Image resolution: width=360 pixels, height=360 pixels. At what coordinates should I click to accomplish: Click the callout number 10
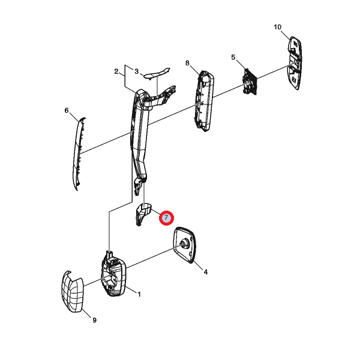coord(277,27)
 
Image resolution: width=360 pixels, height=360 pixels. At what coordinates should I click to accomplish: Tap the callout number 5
coord(233,57)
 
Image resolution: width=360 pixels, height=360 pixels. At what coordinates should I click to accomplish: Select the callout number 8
coord(187,63)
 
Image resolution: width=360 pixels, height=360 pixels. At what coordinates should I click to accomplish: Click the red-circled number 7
coord(166,218)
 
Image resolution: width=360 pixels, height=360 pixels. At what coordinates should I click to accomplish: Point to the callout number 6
coord(67,110)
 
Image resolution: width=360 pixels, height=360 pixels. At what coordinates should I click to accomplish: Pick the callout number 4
coord(205,272)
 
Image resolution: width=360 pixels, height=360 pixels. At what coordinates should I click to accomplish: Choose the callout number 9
coord(94,320)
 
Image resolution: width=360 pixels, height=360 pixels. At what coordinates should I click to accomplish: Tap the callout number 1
coord(139,294)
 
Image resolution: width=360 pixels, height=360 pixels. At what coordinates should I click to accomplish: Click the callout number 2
coord(116,71)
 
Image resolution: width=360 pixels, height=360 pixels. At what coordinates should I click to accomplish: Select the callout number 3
coord(137,71)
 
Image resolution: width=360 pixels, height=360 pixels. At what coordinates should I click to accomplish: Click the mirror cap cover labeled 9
coord(72,292)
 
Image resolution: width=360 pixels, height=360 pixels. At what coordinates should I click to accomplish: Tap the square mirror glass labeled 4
coord(185,245)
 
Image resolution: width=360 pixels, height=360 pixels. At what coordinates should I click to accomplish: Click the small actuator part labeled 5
coord(250,82)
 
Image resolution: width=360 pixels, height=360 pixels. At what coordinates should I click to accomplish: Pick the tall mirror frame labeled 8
coord(204,101)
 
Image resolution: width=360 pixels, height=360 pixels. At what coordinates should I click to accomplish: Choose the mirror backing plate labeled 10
coord(295,62)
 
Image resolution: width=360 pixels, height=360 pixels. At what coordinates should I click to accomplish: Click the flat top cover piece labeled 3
coord(157,73)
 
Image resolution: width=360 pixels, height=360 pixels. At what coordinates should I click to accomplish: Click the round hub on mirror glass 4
coord(184,244)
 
